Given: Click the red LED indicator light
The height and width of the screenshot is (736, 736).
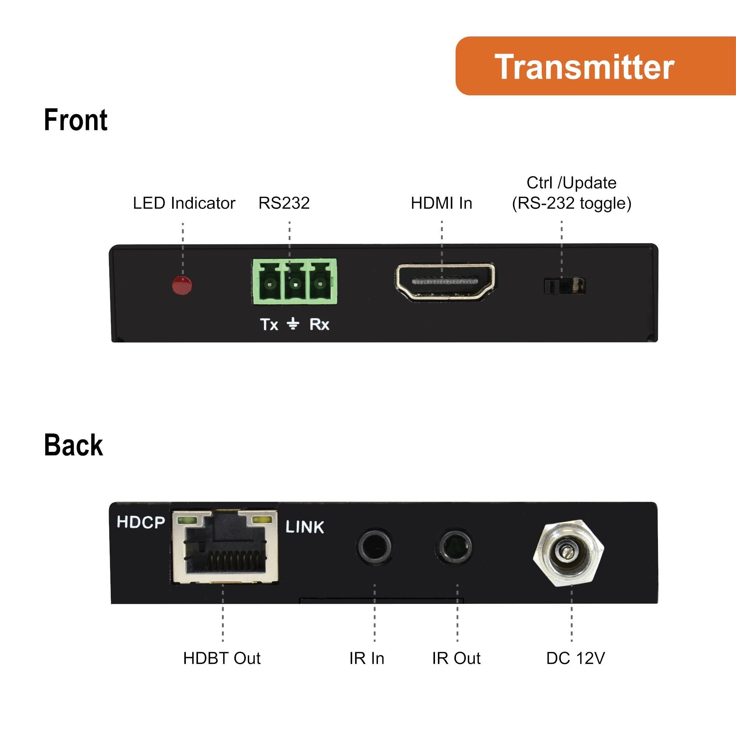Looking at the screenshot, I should click(182, 285).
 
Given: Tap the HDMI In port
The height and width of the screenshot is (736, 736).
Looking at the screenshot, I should click(445, 282).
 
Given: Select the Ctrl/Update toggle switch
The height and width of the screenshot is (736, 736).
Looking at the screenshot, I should click(565, 286).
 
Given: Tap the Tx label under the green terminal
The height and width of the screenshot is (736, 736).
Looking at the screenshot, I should click(269, 325).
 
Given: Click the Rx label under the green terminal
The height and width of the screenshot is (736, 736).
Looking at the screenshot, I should click(319, 325).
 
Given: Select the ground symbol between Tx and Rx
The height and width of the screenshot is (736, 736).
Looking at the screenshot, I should click(293, 324).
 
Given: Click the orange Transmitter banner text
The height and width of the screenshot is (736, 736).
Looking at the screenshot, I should click(584, 67).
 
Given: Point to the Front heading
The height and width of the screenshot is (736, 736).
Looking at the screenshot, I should click(76, 120).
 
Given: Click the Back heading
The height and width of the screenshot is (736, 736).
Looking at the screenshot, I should click(74, 445).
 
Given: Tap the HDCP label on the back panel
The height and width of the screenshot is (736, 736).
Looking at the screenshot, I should click(141, 522).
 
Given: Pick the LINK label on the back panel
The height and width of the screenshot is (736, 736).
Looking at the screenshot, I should click(304, 527).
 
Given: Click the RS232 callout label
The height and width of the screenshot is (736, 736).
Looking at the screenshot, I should click(284, 203).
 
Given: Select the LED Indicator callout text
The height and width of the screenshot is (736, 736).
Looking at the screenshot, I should click(184, 203).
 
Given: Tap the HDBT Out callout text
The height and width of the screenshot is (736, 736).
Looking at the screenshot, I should click(222, 658).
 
